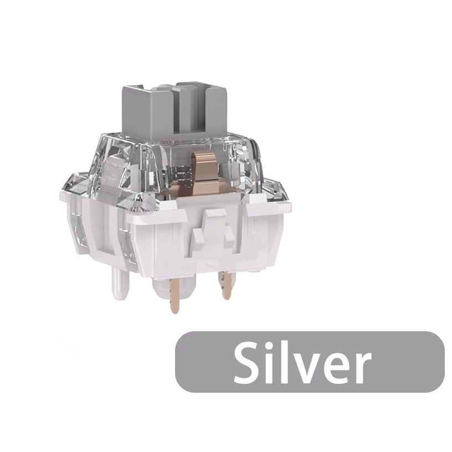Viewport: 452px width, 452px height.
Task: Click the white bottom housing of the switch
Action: pos(166,244)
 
